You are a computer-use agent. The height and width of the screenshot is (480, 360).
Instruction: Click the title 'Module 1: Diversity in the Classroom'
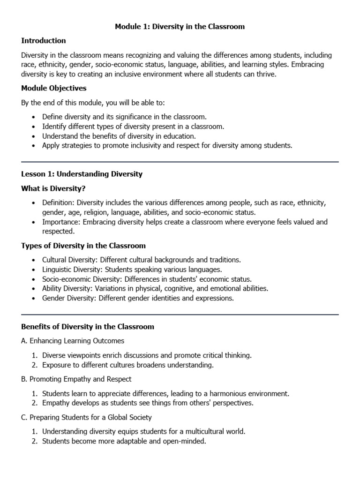click(x=180, y=27)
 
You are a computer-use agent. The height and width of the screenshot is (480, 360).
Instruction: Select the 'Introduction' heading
click(x=44, y=41)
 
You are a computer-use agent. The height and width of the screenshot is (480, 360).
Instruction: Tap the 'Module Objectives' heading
click(x=54, y=88)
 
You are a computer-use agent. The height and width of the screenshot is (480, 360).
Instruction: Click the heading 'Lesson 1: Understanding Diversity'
click(x=82, y=174)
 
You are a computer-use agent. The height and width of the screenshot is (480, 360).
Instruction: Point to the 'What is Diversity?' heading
click(x=54, y=188)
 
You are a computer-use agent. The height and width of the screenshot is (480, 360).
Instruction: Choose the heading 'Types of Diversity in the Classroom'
click(x=83, y=246)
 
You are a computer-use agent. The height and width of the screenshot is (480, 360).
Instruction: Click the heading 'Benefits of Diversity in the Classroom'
click(x=88, y=326)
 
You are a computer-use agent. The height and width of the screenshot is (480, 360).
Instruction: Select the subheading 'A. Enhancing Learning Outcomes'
click(x=73, y=341)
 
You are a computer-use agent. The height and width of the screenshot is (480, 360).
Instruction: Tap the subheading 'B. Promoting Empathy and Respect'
click(x=76, y=379)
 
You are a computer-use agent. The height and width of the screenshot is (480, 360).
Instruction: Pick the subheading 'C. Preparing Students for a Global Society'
click(x=87, y=417)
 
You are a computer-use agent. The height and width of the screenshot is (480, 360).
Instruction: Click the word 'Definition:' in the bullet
click(x=59, y=202)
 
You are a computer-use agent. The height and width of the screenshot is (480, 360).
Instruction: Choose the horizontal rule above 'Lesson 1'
click(x=180, y=162)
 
